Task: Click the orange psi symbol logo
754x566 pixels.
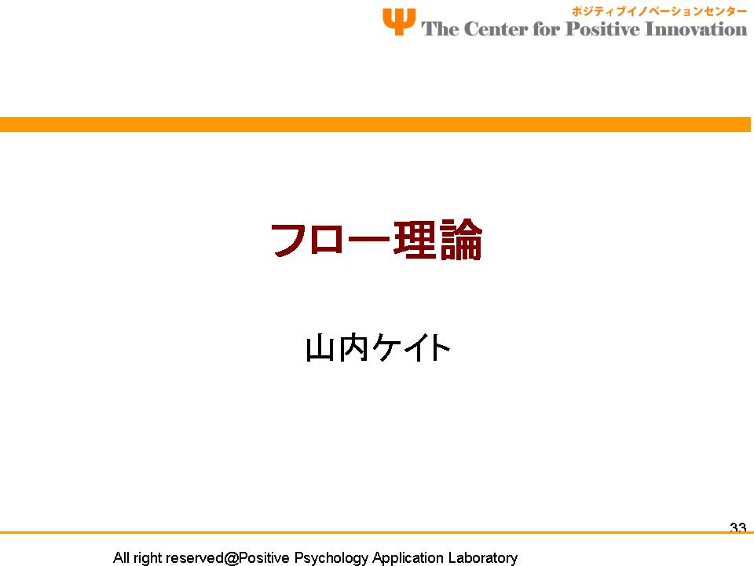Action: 399,22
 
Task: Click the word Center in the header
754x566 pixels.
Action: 496,29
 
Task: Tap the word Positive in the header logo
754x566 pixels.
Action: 603,29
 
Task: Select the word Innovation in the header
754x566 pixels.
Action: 696,29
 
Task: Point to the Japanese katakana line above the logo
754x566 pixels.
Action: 658,11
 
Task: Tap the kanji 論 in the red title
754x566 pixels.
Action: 461,240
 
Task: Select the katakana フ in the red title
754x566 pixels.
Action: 289,240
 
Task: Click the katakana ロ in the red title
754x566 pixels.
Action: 327,240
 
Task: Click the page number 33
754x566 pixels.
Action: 738,527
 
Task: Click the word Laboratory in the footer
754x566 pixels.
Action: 483,558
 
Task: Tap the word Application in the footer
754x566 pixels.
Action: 408,557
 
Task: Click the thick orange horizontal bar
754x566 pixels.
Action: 375,124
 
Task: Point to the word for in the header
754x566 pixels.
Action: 547,29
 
